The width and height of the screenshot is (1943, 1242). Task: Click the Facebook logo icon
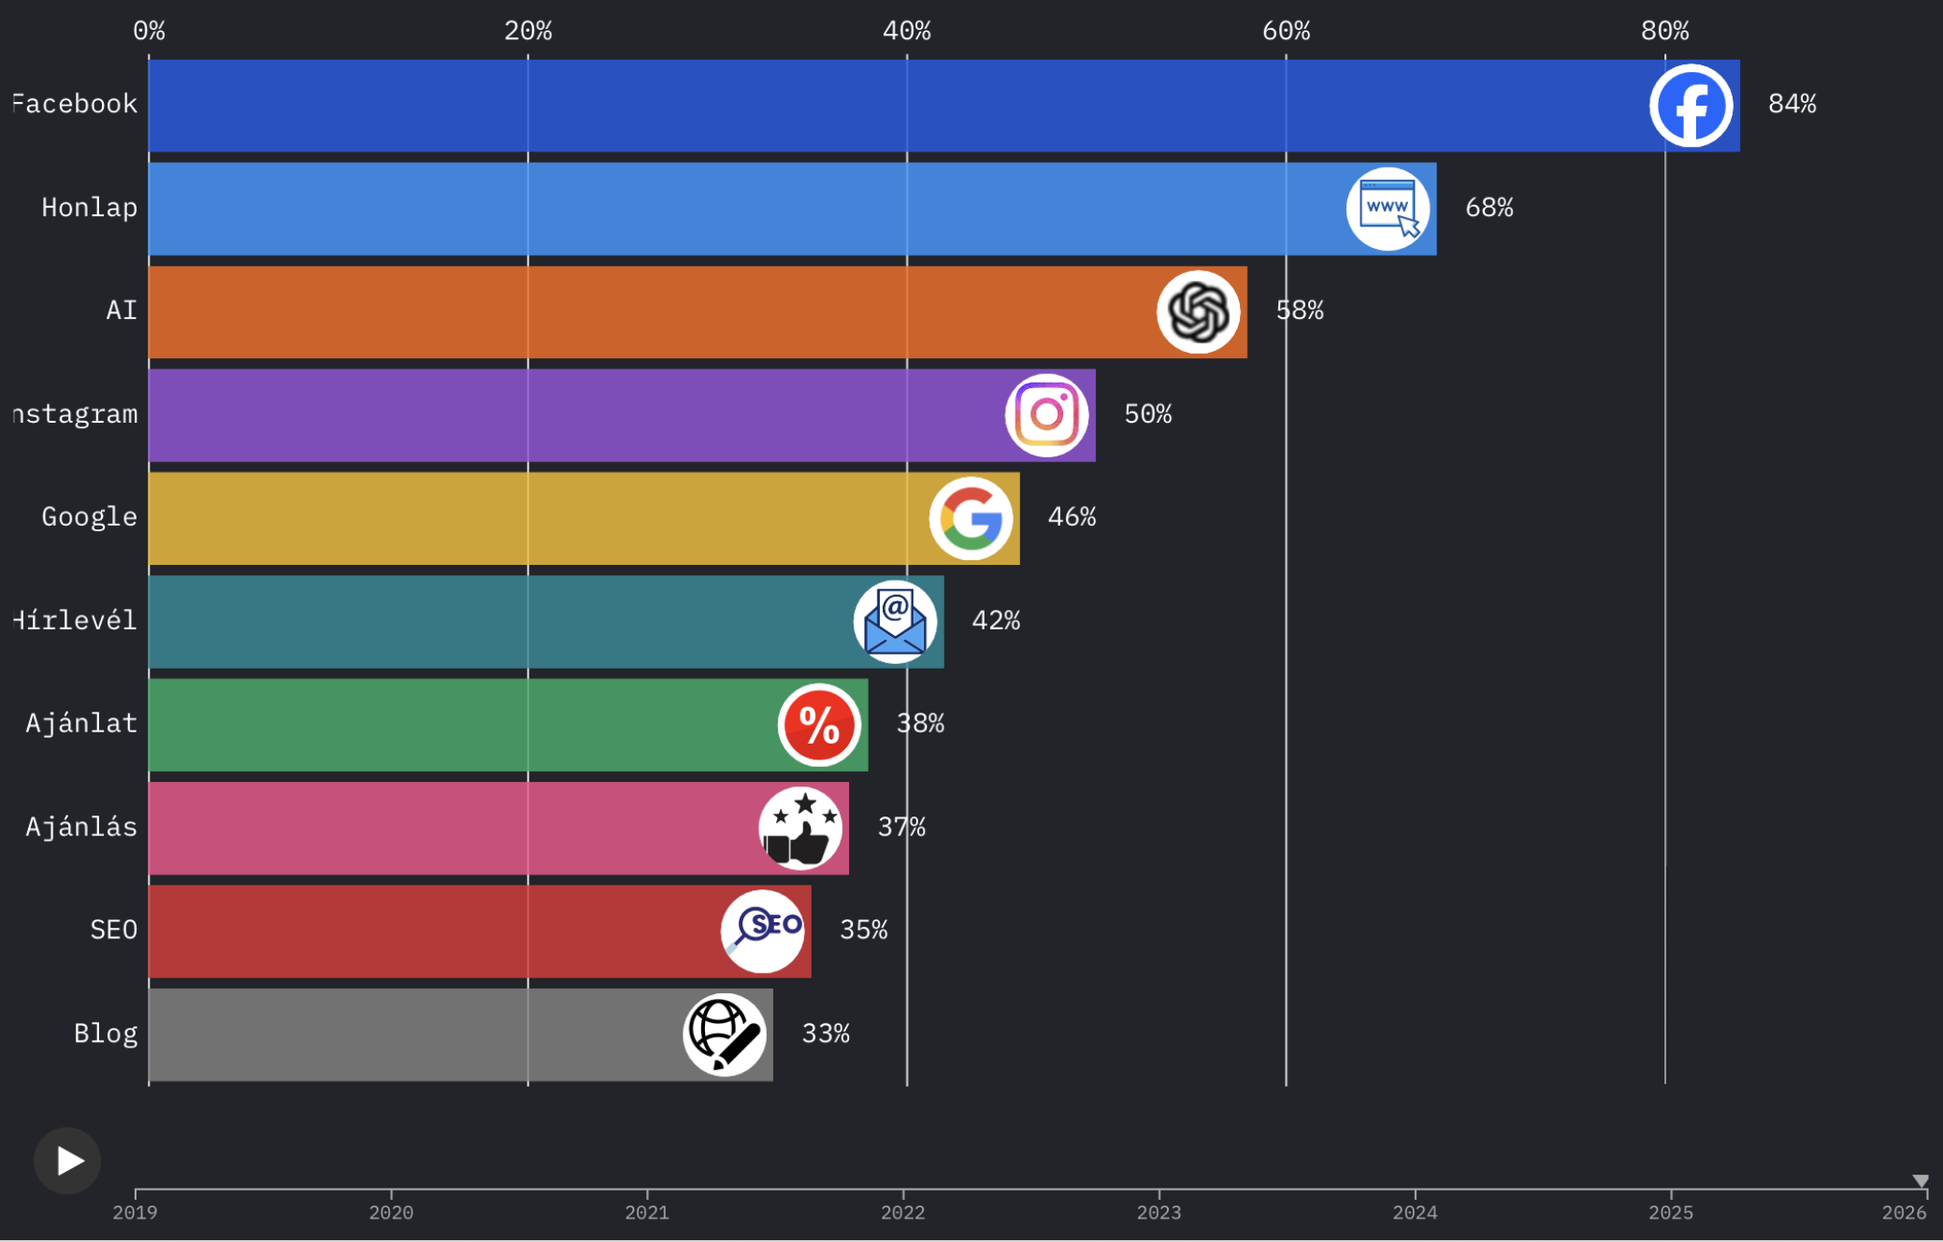(1691, 106)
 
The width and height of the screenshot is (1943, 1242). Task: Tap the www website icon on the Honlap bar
(1388, 209)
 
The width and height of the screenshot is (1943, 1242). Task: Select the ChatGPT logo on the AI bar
(1198, 312)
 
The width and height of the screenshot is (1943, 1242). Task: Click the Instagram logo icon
(1046, 415)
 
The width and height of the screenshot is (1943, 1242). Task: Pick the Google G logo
(971, 518)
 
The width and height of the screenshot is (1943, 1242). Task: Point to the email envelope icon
(895, 622)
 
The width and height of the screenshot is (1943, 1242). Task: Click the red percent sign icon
(819, 725)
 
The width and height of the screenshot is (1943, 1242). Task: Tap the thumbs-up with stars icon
(800, 828)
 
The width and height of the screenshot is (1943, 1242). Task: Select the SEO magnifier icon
(762, 931)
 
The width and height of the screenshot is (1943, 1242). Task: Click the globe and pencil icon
(725, 1034)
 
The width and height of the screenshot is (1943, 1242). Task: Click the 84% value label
(1792, 104)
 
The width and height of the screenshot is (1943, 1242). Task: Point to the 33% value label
(826, 1033)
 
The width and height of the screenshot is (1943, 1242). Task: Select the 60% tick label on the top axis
(1286, 31)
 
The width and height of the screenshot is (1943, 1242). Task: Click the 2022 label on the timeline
(902, 1213)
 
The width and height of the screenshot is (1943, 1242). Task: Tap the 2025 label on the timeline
(1670, 1213)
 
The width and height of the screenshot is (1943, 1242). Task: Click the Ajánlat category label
(81, 723)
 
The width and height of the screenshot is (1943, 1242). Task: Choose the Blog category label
(106, 1033)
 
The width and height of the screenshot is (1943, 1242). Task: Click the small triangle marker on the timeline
(1921, 1181)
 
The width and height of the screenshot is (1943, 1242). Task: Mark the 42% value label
(996, 620)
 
